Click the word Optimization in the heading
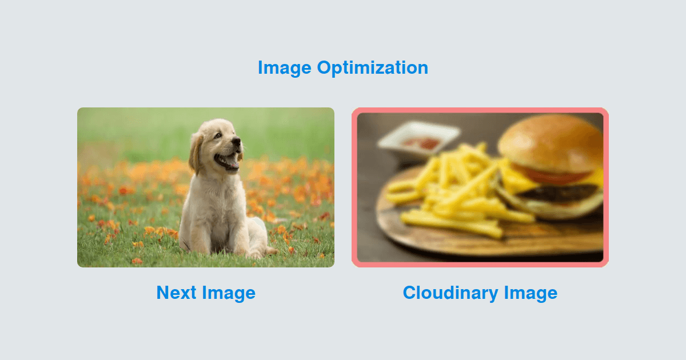pyautogui.click(x=372, y=68)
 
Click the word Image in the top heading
pyautogui.click(x=285, y=68)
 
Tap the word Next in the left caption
pyautogui.click(x=176, y=293)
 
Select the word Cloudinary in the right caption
pyautogui.click(x=450, y=293)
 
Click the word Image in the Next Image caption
pyautogui.click(x=229, y=293)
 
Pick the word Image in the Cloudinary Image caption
pyautogui.click(x=531, y=293)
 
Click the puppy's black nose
pyautogui.click(x=236, y=141)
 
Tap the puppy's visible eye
pyautogui.click(x=218, y=135)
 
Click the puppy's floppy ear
pyautogui.click(x=196, y=153)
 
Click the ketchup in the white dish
pyautogui.click(x=422, y=143)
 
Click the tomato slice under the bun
pyautogui.click(x=555, y=176)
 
